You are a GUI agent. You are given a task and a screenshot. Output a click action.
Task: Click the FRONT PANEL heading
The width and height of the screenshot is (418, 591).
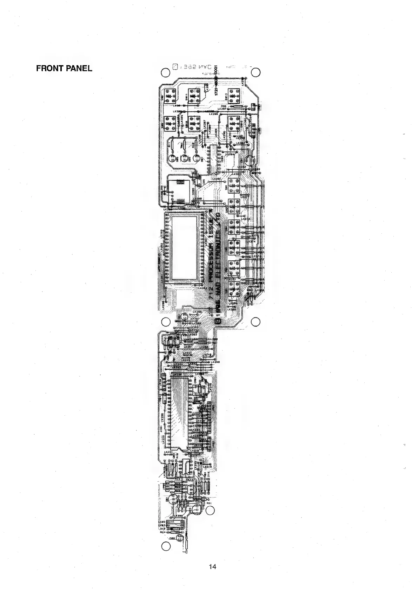[x=64, y=69]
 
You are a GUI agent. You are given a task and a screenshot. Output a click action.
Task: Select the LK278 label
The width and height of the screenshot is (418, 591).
[x=247, y=219]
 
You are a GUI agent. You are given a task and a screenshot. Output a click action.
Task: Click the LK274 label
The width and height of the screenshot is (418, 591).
[x=251, y=241]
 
